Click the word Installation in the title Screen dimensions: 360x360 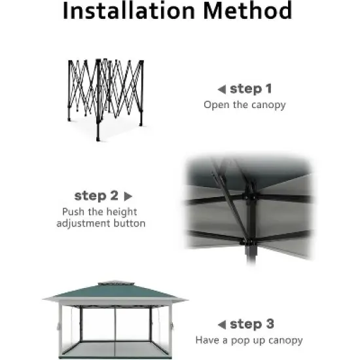click(x=129, y=10)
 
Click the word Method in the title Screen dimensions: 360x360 click(x=247, y=10)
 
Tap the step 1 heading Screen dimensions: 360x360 click(x=251, y=89)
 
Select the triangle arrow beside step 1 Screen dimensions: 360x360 click(x=222, y=90)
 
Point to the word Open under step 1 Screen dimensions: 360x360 click(x=216, y=105)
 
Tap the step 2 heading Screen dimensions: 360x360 click(x=96, y=196)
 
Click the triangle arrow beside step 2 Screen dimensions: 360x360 click(x=128, y=196)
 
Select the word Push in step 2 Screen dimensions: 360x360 click(x=73, y=211)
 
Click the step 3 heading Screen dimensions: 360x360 click(x=252, y=324)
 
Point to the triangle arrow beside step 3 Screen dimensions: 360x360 click(x=222, y=325)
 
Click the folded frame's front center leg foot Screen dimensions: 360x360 click(x=98, y=139)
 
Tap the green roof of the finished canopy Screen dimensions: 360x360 click(x=115, y=291)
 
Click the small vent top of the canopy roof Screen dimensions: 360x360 click(x=116, y=283)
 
